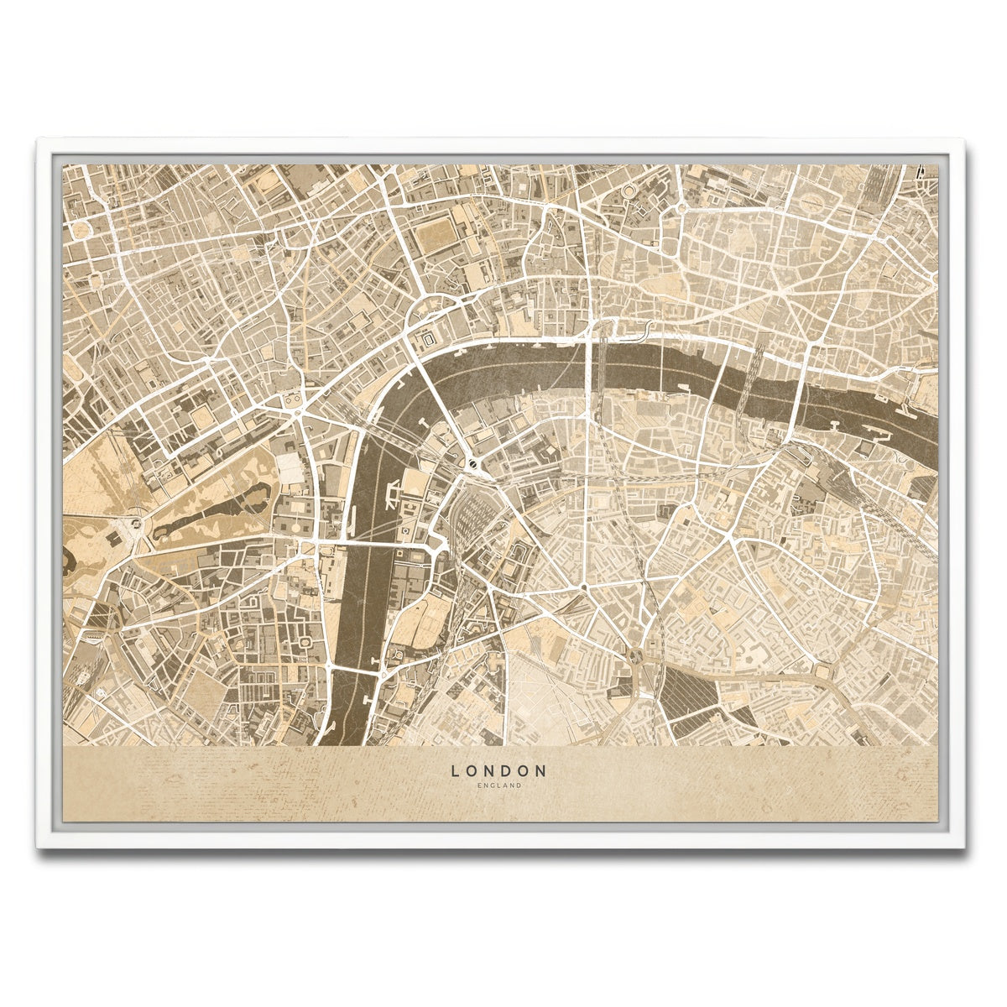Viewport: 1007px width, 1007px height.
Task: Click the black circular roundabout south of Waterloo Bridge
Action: click(x=473, y=462)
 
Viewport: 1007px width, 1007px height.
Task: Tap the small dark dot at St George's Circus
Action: click(x=582, y=585)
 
